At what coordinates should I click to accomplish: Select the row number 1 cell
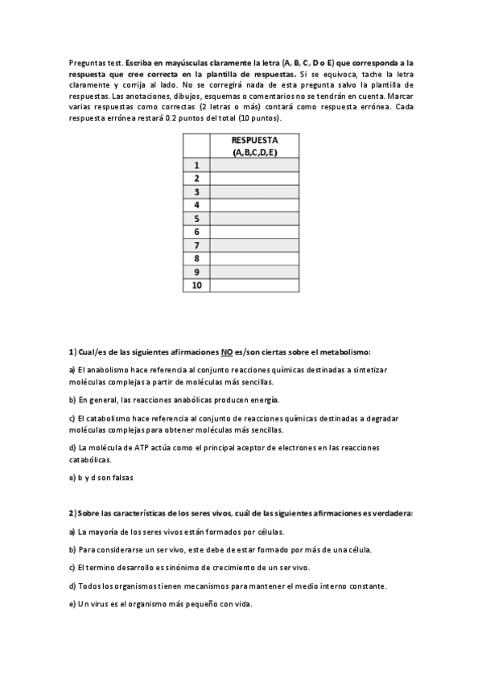196,166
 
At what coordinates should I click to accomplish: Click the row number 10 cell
196,286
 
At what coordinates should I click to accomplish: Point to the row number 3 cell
196,192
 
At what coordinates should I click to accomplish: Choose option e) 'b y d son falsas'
101,477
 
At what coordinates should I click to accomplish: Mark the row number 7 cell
196,245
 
